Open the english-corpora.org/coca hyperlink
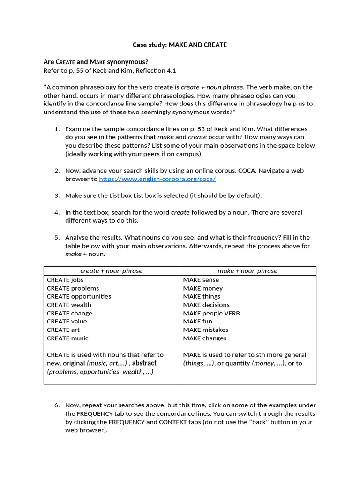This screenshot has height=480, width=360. click(157, 179)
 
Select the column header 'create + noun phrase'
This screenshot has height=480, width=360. click(112, 271)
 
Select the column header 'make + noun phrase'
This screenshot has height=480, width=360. click(247, 271)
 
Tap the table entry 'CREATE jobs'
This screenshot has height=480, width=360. click(65, 280)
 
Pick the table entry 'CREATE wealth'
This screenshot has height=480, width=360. click(68, 305)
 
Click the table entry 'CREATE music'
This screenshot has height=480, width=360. click(67, 338)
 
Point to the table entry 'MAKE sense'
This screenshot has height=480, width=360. click(201, 280)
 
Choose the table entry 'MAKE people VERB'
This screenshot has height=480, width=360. click(211, 313)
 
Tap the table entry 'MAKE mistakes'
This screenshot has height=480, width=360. click(206, 330)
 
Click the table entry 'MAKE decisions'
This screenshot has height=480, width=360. click(207, 305)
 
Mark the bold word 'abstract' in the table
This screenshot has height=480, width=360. click(144, 363)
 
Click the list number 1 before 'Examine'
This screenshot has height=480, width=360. click(57, 129)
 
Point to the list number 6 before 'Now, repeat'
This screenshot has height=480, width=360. click(57, 405)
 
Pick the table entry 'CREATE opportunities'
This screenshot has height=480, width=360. click(79, 296)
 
